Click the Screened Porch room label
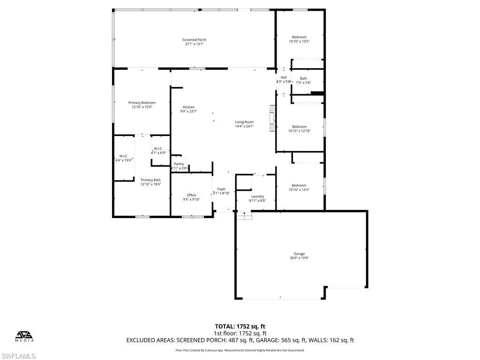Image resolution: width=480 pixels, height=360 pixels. pyautogui.click(x=194, y=40)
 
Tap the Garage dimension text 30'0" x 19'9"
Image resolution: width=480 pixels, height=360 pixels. pyautogui.click(x=300, y=258)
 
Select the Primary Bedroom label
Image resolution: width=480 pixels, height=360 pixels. pyautogui.click(x=142, y=103)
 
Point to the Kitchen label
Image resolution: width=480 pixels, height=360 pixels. pyautogui.click(x=188, y=107)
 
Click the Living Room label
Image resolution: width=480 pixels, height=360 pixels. pyautogui.click(x=244, y=122)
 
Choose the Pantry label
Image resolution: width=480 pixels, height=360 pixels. pyautogui.click(x=179, y=164)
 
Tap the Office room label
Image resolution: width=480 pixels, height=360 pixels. pyautogui.click(x=191, y=195)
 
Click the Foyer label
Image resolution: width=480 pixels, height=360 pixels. pyautogui.click(x=221, y=189)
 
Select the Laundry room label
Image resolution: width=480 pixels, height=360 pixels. pyautogui.click(x=257, y=196)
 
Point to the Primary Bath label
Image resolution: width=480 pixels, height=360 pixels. pyautogui.click(x=150, y=180)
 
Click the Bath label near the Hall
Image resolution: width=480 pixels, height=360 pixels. pyautogui.click(x=304, y=78)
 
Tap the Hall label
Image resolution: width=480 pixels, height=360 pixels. pyautogui.click(x=284, y=77)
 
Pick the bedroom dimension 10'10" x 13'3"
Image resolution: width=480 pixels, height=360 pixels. pyautogui.click(x=299, y=41)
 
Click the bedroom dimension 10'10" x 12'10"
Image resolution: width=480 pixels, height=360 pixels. pyautogui.click(x=299, y=131)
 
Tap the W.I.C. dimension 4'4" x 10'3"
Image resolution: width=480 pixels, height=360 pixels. pyautogui.click(x=124, y=160)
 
